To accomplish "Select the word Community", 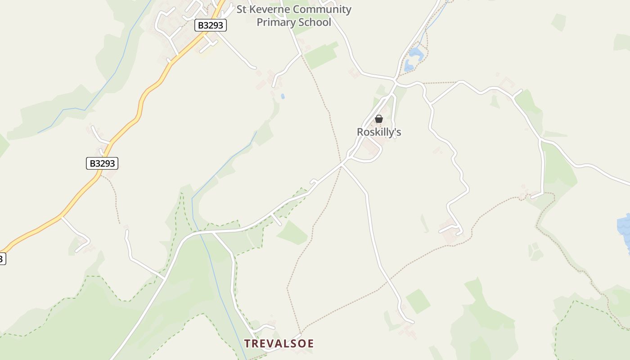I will click(322, 9).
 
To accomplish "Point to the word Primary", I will click(274, 22).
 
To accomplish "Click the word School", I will click(312, 22).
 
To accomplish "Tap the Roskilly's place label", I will click(379, 132).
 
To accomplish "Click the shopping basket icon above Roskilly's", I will click(379, 119).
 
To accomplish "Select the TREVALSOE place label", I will click(279, 344).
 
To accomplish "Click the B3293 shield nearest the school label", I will click(211, 25).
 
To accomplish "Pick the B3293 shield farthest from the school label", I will click(102, 163).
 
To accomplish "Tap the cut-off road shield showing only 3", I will click(2, 259).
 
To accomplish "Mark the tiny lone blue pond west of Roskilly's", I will click(283, 96).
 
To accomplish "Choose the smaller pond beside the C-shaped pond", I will click(409, 67).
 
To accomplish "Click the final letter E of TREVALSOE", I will click(310, 344).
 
